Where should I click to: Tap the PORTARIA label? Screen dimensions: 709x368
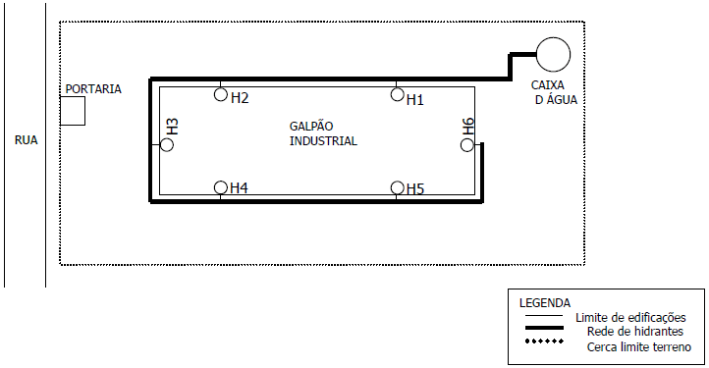click(x=93, y=89)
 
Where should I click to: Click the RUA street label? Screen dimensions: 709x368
click(x=26, y=140)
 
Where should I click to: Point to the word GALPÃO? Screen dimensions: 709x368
click(x=311, y=127)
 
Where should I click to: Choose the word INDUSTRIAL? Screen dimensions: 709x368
click(x=323, y=141)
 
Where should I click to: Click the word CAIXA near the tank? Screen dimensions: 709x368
click(x=548, y=85)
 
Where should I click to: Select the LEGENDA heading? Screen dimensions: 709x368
click(x=545, y=303)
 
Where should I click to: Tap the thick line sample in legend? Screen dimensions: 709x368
click(x=544, y=328)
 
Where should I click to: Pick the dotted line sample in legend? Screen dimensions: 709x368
click(x=544, y=341)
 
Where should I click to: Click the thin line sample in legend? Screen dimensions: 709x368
click(x=544, y=315)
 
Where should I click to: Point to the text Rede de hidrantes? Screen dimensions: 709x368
click(x=634, y=332)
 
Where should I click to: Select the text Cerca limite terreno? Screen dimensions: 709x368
click(x=639, y=347)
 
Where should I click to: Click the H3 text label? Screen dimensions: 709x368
click(x=172, y=127)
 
